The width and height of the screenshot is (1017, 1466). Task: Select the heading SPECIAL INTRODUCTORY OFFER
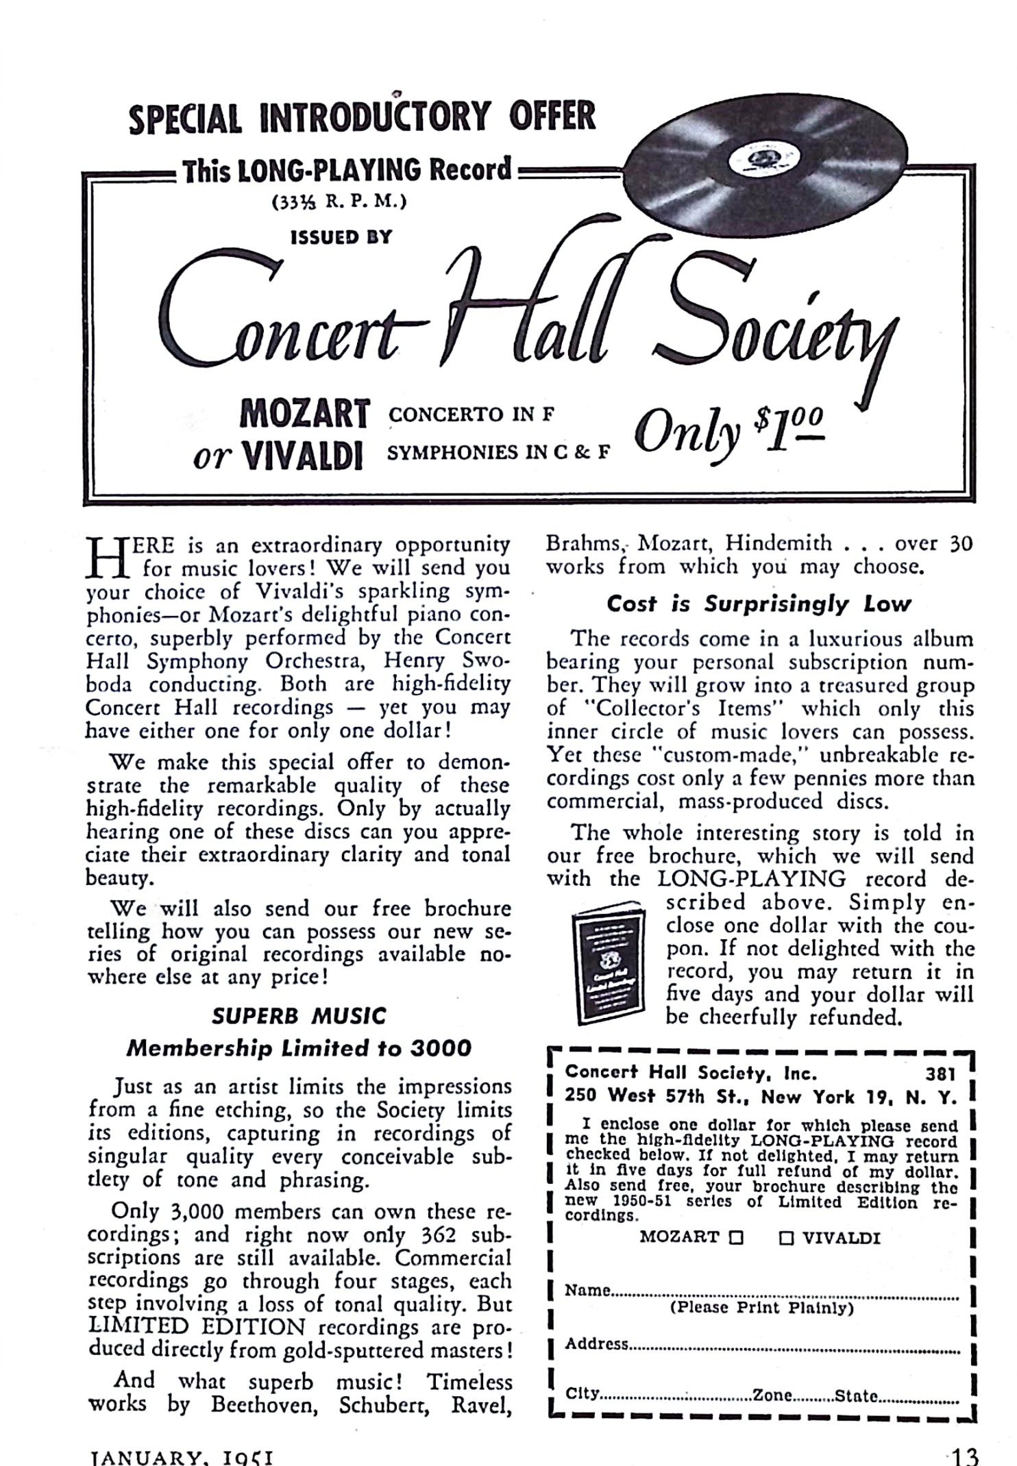(x=362, y=116)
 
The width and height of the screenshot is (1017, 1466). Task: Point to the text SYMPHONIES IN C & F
(x=498, y=453)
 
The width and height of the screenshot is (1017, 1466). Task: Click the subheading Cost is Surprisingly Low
(x=759, y=604)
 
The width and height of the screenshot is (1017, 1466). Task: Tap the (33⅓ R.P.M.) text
(x=340, y=202)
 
